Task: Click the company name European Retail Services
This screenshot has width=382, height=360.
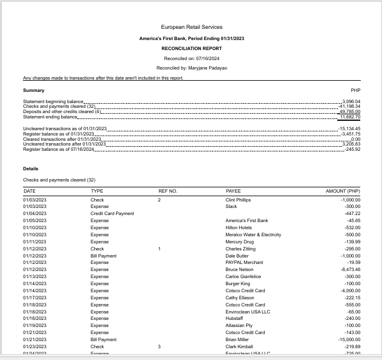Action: (x=191, y=27)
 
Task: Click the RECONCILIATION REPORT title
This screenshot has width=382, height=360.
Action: (x=191, y=48)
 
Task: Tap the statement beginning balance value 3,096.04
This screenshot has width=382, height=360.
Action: (x=351, y=101)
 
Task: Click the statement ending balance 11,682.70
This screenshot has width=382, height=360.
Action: (x=350, y=117)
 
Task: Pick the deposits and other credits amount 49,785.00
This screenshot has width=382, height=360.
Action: (x=350, y=111)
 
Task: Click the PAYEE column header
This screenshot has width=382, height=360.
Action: (x=233, y=191)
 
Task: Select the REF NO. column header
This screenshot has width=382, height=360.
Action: (x=168, y=191)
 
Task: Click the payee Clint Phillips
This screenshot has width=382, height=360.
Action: (x=238, y=200)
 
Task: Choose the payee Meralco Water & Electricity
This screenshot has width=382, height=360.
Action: (x=253, y=235)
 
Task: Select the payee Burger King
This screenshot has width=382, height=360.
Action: (x=238, y=283)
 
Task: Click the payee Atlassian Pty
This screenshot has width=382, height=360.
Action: (x=238, y=325)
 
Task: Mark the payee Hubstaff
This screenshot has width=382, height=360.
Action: (x=234, y=318)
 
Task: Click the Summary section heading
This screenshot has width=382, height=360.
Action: (x=34, y=90)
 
